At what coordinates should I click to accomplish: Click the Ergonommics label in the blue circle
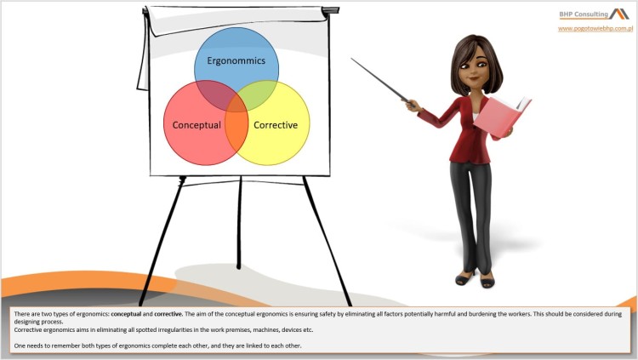click(x=236, y=61)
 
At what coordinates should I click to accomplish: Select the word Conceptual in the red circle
click(x=197, y=125)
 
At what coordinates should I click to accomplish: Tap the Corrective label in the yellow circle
click(x=276, y=125)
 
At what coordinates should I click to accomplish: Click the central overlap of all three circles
click(x=236, y=106)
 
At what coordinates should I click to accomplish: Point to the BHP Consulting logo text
click(x=583, y=14)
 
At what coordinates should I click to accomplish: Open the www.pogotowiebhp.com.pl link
click(x=595, y=28)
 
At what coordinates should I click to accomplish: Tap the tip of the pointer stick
click(x=353, y=60)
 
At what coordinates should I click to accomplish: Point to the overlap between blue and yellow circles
click(x=263, y=91)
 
